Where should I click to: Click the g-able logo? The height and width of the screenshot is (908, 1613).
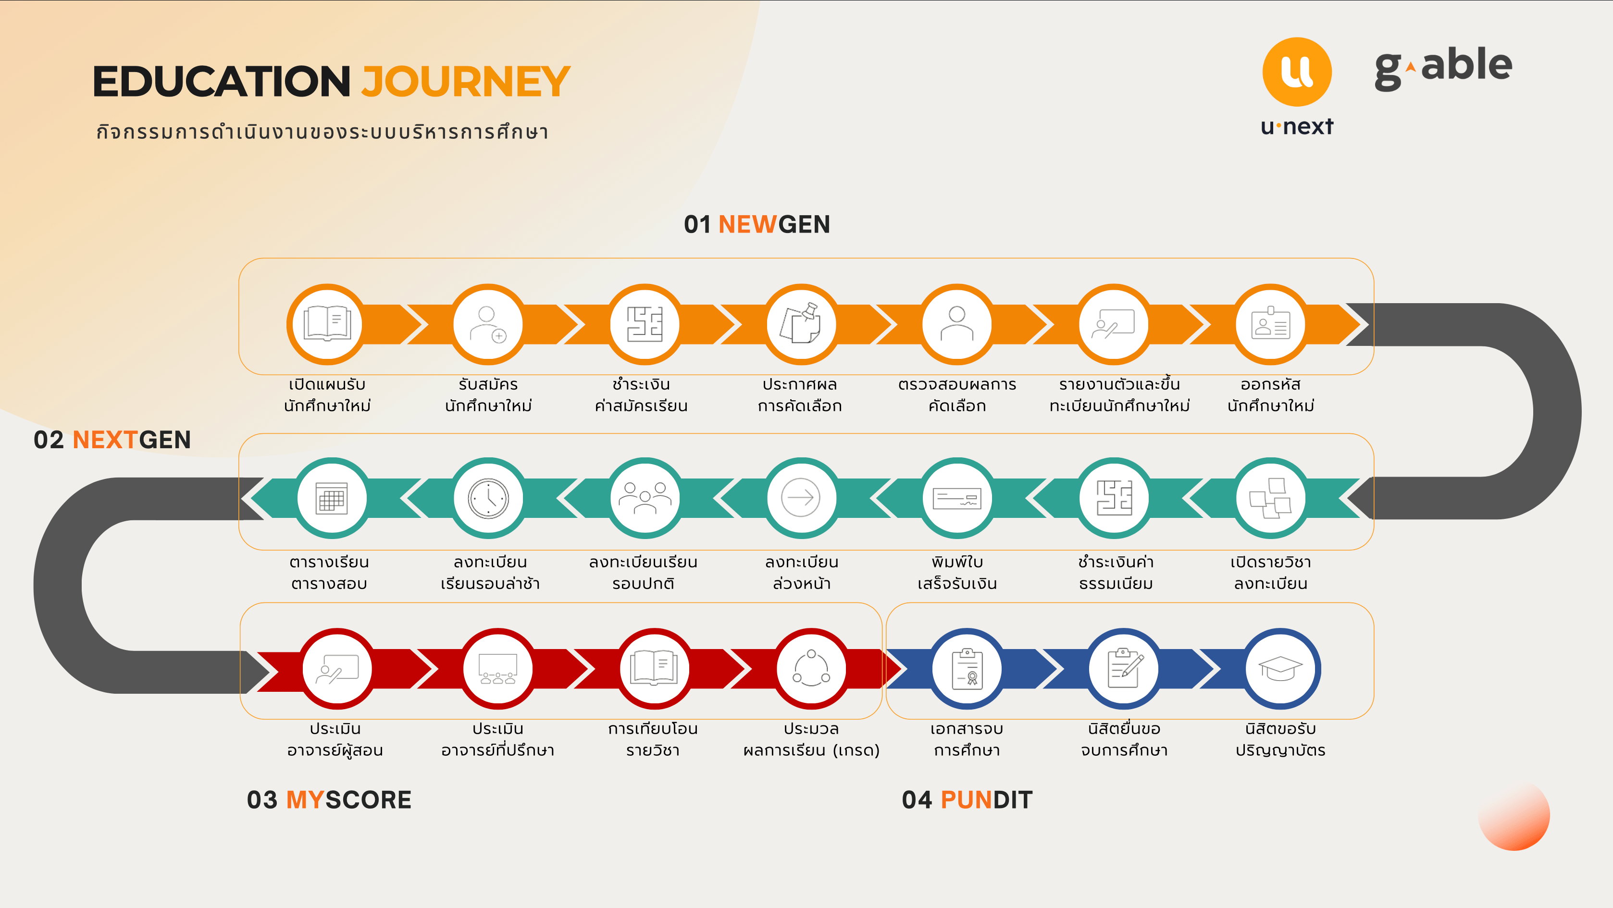pos(1443,68)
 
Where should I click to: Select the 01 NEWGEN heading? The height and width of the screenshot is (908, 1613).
pos(757,224)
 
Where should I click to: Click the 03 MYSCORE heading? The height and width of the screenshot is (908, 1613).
pos(329,800)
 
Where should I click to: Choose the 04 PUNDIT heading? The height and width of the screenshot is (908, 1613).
pos(967,800)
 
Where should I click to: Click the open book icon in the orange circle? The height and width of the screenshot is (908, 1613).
pos(327,323)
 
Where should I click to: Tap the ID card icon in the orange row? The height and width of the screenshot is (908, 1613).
pos(1270,323)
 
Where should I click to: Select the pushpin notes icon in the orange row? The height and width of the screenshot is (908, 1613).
pos(801,323)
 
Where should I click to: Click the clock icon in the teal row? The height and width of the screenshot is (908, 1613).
pos(488,498)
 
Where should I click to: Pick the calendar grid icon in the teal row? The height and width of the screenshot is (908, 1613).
pos(331,498)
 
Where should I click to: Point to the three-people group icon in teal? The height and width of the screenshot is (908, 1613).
pos(645,498)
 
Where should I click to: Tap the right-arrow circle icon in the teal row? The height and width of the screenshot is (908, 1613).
pos(801,498)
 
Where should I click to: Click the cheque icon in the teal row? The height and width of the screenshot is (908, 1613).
pos(957,499)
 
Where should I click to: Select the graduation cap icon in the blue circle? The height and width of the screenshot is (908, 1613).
pos(1280,668)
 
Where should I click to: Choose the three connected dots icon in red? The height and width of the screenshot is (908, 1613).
pos(811,668)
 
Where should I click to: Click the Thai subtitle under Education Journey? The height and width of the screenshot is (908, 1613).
pos(323,132)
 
